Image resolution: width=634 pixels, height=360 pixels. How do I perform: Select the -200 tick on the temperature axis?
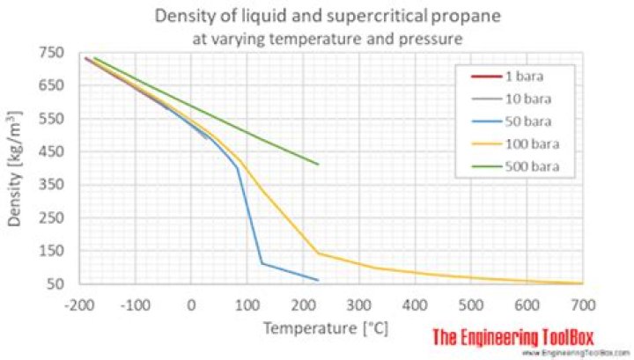78,305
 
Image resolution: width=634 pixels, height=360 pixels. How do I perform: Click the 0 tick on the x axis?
191,305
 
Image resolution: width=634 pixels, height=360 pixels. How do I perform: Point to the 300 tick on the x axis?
358,305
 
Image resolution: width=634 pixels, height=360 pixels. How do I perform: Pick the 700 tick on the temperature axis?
582,305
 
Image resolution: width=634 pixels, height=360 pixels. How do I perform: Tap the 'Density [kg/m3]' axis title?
16,168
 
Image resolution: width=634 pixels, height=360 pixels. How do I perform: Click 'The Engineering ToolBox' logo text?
514,336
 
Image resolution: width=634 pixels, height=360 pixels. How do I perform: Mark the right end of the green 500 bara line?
318,164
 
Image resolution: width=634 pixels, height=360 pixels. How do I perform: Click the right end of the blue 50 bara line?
318,280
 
